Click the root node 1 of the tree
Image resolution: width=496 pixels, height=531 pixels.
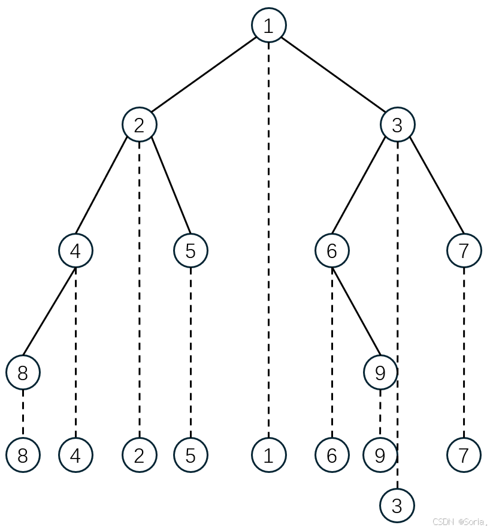268,25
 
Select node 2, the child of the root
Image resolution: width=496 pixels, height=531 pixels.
140,125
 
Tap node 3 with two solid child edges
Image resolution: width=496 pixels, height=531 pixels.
397,125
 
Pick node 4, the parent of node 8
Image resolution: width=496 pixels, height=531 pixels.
75,251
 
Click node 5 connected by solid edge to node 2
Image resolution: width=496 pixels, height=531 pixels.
190,251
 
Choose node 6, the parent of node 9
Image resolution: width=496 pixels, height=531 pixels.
332,251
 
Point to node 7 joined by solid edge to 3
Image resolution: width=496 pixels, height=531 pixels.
464,251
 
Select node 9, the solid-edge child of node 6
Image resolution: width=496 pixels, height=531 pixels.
380,372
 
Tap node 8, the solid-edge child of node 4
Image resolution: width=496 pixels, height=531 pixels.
23,372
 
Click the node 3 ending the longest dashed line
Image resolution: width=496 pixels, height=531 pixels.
397,506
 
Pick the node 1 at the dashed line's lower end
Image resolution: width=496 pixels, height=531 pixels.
268,455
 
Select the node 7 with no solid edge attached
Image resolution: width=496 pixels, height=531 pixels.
464,455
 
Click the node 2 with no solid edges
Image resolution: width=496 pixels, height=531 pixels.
140,455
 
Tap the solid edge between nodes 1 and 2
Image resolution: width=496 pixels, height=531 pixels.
204,75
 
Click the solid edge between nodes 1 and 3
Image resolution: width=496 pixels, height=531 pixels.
333,75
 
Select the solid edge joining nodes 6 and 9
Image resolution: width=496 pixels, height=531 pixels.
356,311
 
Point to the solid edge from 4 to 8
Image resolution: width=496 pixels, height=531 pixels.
49,311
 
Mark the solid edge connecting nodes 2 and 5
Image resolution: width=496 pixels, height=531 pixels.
171,187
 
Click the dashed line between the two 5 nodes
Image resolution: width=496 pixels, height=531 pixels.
190,353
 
